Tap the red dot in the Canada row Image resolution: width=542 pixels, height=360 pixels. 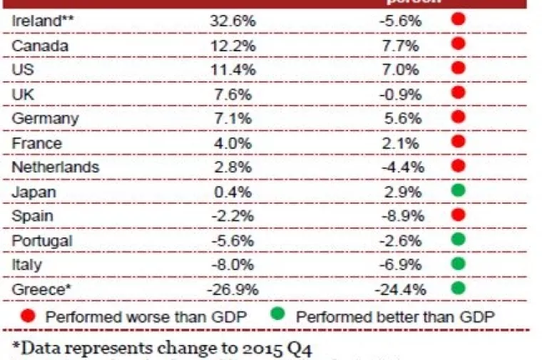(x=458, y=44)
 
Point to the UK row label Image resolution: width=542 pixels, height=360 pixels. (x=23, y=93)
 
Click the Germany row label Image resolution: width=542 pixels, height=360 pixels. (x=45, y=118)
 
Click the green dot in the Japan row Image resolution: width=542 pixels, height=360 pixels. (x=458, y=191)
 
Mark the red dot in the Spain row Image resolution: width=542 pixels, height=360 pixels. (x=458, y=215)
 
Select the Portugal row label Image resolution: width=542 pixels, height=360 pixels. (x=42, y=240)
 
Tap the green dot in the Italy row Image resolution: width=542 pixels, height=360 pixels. (x=458, y=264)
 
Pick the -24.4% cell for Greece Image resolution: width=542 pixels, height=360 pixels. (x=400, y=289)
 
